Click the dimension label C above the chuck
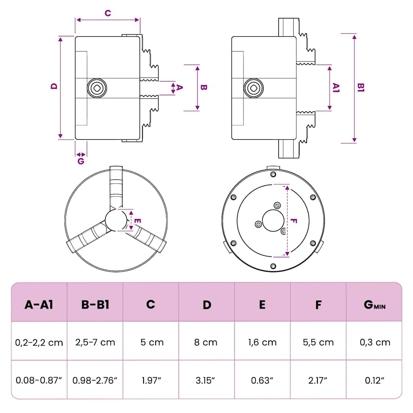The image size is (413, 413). (x=108, y=13)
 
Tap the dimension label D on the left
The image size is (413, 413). (x=54, y=86)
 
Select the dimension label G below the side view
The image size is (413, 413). (x=81, y=161)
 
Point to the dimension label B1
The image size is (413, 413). (x=361, y=88)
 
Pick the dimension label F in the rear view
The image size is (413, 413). (x=294, y=221)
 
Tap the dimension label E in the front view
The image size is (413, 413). (x=138, y=221)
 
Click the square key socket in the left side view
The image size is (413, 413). (x=97, y=88)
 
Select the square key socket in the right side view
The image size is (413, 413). (x=253, y=88)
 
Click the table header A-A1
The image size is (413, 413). (x=39, y=305)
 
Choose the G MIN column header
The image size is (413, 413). (x=375, y=305)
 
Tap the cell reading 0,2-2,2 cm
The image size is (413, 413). (x=39, y=342)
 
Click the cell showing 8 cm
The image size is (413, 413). (x=206, y=342)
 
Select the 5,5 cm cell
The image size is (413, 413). (x=318, y=342)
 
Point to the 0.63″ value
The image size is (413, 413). (x=262, y=380)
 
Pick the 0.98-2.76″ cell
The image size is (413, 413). (x=95, y=380)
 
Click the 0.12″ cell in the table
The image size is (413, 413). (x=375, y=380)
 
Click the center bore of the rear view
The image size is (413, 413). (x=273, y=221)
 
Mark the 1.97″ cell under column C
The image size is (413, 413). (x=151, y=380)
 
